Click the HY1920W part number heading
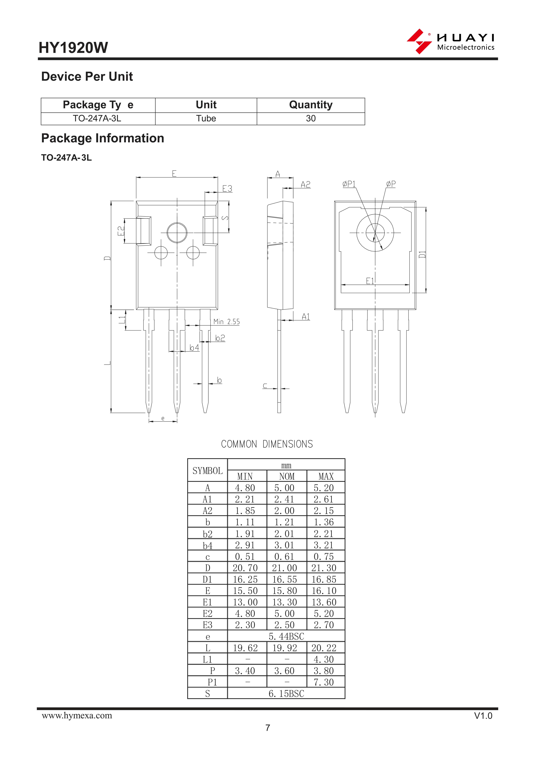click(73, 48)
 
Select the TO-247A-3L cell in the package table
click(97, 118)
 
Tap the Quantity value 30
click(311, 118)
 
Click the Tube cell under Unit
click(206, 118)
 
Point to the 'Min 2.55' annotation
click(227, 322)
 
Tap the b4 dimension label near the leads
click(194, 348)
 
